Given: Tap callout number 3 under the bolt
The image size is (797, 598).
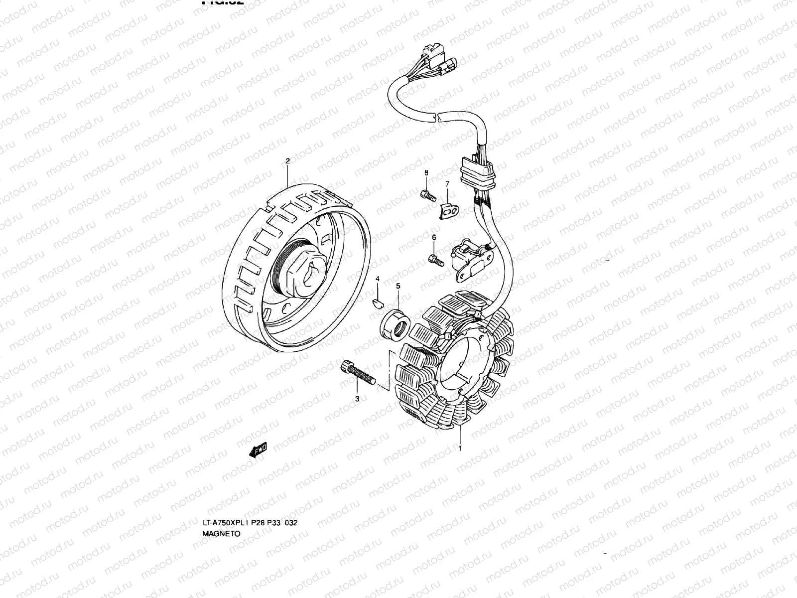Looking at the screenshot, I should click(357, 399).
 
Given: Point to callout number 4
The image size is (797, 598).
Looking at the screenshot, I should click(378, 279).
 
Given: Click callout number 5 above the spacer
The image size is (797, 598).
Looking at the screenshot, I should click(398, 286).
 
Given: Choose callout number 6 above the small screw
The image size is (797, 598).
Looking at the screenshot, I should click(434, 238).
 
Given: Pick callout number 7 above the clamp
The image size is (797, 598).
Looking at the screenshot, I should click(447, 184).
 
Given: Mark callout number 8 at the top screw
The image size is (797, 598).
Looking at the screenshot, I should click(426, 172).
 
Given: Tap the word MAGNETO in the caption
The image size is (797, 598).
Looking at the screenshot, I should click(221, 533).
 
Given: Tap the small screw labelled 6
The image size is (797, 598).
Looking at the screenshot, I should click(435, 260).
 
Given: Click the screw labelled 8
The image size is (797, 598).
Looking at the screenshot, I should click(428, 195).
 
